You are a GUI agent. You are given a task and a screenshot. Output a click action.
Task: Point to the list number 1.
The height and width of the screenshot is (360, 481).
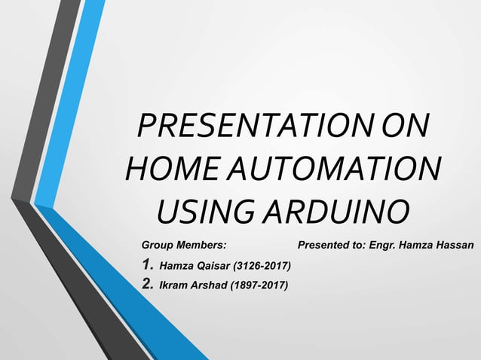[x=148, y=265]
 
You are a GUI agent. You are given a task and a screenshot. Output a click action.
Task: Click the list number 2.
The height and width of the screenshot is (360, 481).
[x=148, y=284]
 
